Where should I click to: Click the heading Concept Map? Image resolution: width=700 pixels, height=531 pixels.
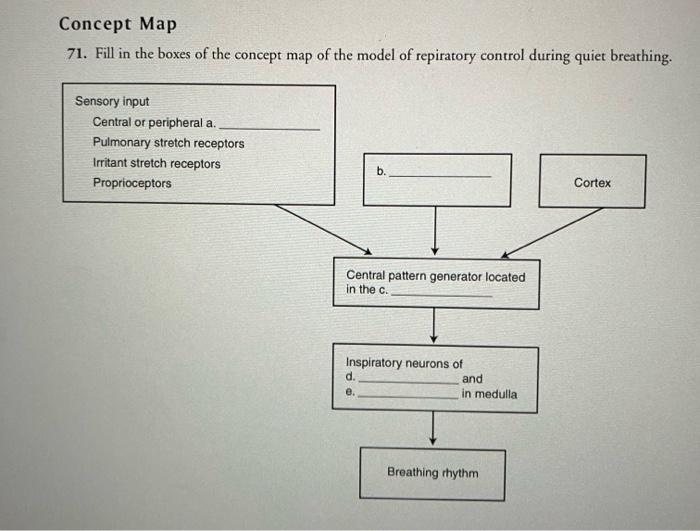pyautogui.click(x=117, y=24)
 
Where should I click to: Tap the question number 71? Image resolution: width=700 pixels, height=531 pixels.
pyautogui.click(x=73, y=55)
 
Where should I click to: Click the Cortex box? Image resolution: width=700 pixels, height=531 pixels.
pyautogui.click(x=592, y=182)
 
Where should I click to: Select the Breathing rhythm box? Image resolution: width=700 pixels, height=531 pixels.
pyautogui.click(x=433, y=473)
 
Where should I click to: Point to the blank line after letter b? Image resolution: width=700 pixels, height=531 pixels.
pyautogui.click(x=439, y=177)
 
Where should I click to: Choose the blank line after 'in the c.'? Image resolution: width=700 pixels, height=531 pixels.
pyautogui.click(x=441, y=295)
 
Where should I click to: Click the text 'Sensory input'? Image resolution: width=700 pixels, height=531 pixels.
pyautogui.click(x=112, y=101)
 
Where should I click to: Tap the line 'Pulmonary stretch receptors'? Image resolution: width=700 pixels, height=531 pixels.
pyautogui.click(x=168, y=143)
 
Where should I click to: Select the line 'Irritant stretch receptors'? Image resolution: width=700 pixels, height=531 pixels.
pyautogui.click(x=157, y=163)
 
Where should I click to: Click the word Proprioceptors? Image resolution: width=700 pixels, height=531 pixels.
pyautogui.click(x=132, y=183)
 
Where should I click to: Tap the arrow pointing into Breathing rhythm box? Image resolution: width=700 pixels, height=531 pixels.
pyautogui.click(x=433, y=427)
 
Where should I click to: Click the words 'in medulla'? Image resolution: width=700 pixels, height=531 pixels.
pyautogui.click(x=489, y=394)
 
